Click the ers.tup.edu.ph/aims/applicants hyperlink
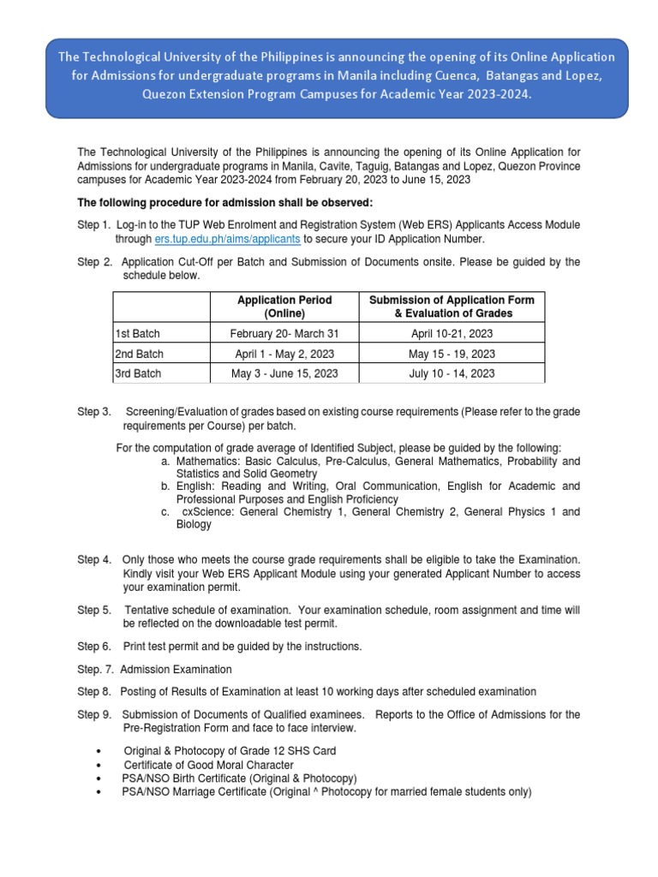[227, 239]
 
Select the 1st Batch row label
[137, 334]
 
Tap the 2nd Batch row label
[139, 354]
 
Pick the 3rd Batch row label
[138, 373]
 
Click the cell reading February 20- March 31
[284, 334]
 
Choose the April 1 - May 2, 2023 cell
[284, 354]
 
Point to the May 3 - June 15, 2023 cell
[284, 373]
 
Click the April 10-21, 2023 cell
[451, 334]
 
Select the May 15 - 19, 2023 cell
[451, 354]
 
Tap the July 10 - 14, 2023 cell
[451, 373]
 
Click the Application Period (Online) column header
[284, 307]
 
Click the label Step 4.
[94, 559]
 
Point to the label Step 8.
[94, 691]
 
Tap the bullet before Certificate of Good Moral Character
[104, 765]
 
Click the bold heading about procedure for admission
[225, 202]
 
